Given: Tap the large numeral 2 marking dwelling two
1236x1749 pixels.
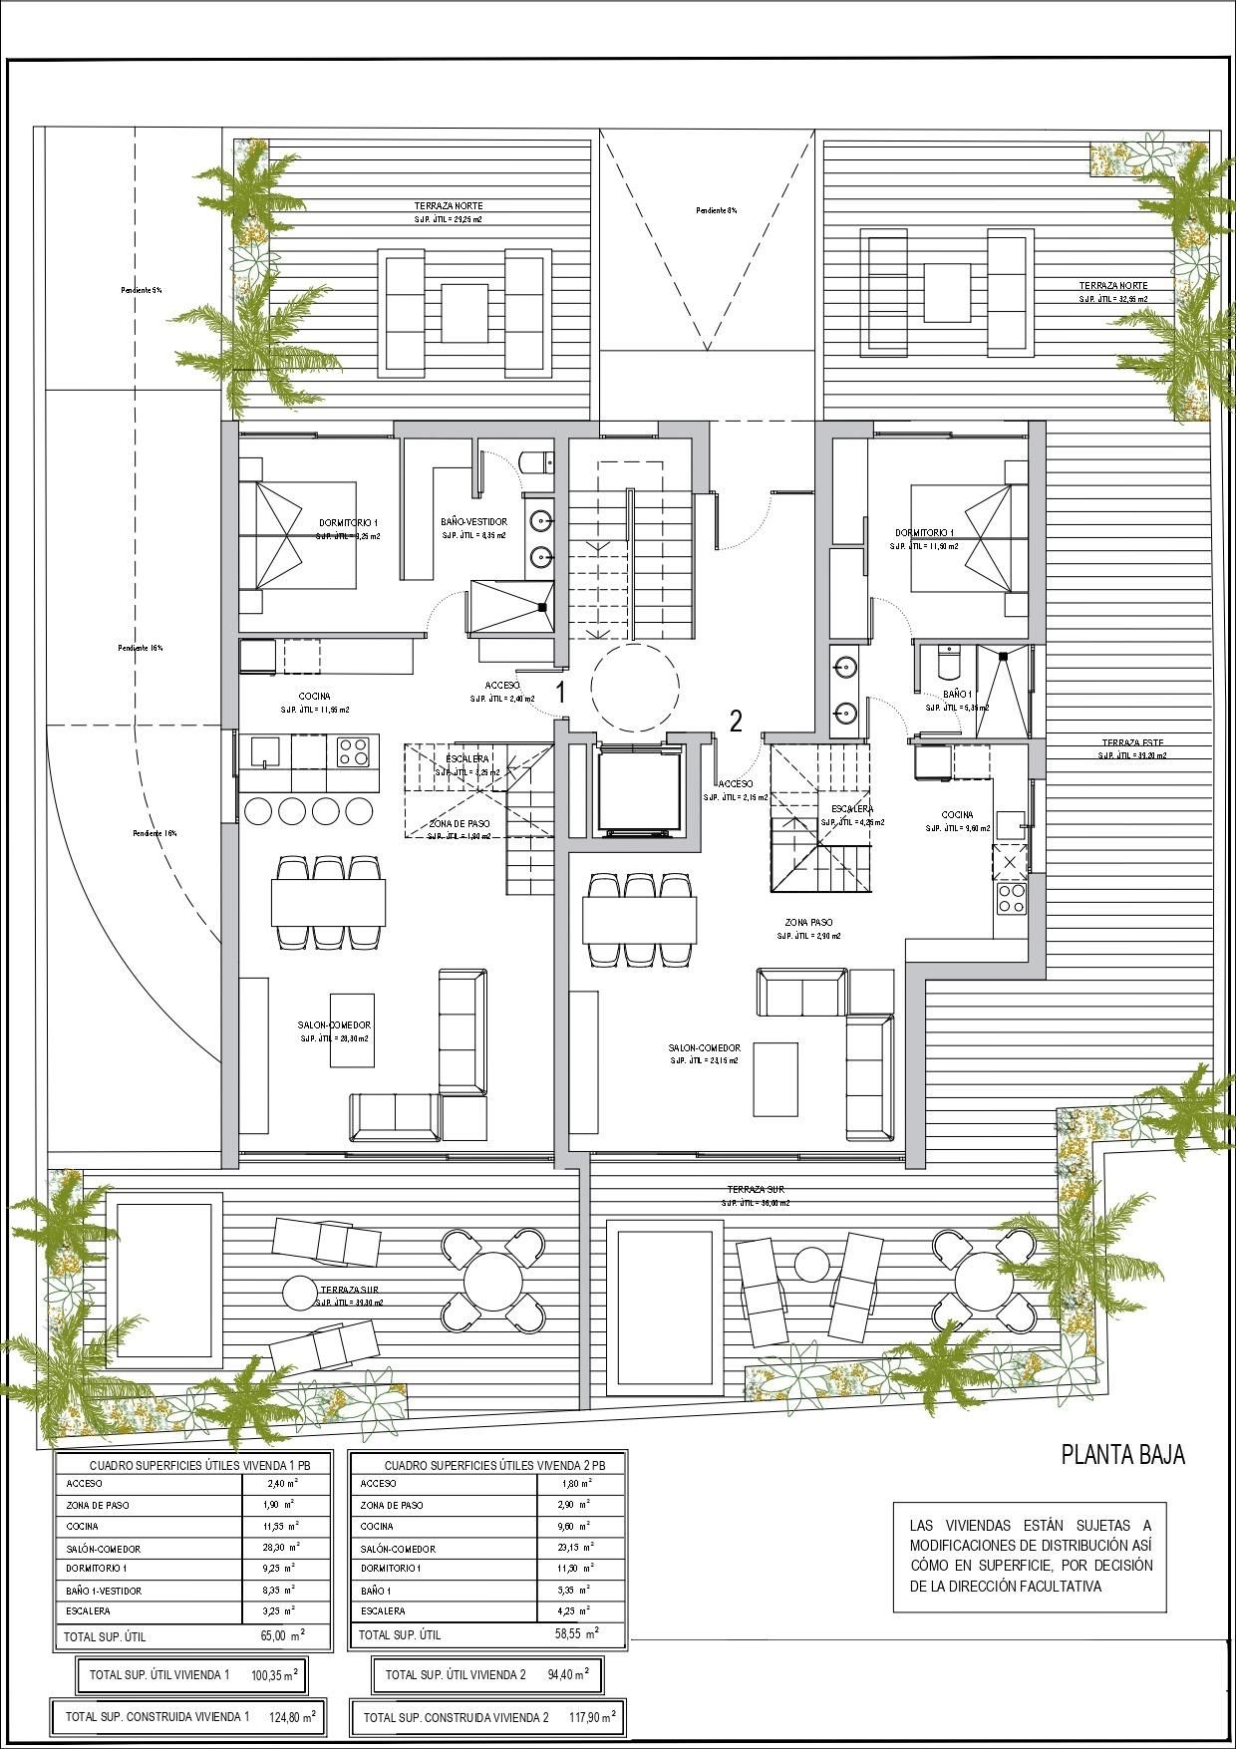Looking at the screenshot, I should click(x=736, y=721).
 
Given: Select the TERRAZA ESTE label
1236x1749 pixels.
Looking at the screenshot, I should click(x=1132, y=743).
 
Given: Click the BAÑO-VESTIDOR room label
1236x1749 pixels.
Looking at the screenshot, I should click(x=473, y=522).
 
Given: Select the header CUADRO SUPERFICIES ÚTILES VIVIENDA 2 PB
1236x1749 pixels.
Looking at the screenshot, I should click(x=488, y=1466).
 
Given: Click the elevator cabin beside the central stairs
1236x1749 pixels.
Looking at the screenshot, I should click(x=638, y=789).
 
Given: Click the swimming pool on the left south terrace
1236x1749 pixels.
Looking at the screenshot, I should click(x=164, y=1286).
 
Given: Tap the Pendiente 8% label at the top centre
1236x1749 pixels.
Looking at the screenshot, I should click(x=716, y=210).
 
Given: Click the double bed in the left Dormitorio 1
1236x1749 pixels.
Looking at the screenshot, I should click(x=298, y=535).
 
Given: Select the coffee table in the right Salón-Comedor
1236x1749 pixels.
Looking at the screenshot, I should click(x=775, y=1078).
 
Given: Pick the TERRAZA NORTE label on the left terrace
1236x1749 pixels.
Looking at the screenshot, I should click(x=449, y=206).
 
